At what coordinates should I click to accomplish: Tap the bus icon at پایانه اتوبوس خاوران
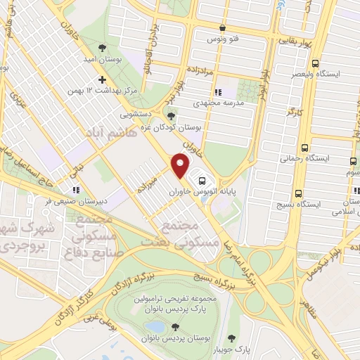point(202,179)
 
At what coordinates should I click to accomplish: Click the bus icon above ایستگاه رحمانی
point(304,148)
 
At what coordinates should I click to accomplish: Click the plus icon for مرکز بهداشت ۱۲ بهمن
point(103,80)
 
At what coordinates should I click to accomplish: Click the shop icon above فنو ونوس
point(222,28)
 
